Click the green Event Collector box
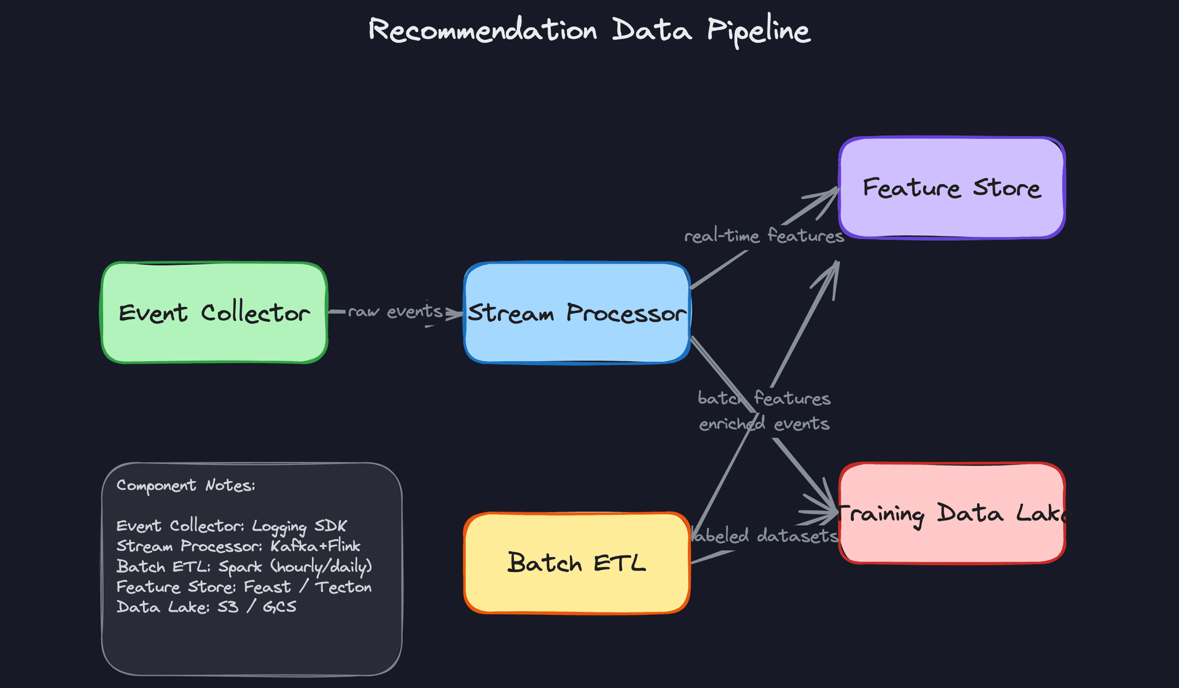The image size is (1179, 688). pyautogui.click(x=214, y=313)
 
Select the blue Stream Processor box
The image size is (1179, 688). pyautogui.click(x=577, y=313)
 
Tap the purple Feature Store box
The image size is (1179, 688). pyautogui.click(x=951, y=187)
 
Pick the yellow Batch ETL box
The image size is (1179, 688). pyautogui.click(x=577, y=563)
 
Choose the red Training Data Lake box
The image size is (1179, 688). pyautogui.click(x=951, y=513)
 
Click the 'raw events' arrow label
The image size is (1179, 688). pyautogui.click(x=395, y=312)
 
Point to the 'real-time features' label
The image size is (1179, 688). pyautogui.click(x=764, y=236)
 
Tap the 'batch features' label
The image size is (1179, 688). pyautogui.click(x=764, y=399)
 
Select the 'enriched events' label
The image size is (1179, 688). pyautogui.click(x=764, y=424)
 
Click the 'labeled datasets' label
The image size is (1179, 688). pyautogui.click(x=765, y=536)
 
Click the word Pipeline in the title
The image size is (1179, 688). pyautogui.click(x=758, y=31)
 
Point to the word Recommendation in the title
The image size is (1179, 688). pyautogui.click(x=483, y=31)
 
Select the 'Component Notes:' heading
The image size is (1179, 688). pyautogui.click(x=185, y=485)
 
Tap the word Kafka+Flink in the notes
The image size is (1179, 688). pyautogui.click(x=315, y=546)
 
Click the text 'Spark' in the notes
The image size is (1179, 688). pyautogui.click(x=240, y=566)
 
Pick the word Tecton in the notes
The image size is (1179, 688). pyautogui.click(x=343, y=587)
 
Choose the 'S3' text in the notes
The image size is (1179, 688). pyautogui.click(x=228, y=608)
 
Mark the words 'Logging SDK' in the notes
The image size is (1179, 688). pyautogui.click(x=299, y=526)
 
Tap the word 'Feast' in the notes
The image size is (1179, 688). pyautogui.click(x=267, y=587)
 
